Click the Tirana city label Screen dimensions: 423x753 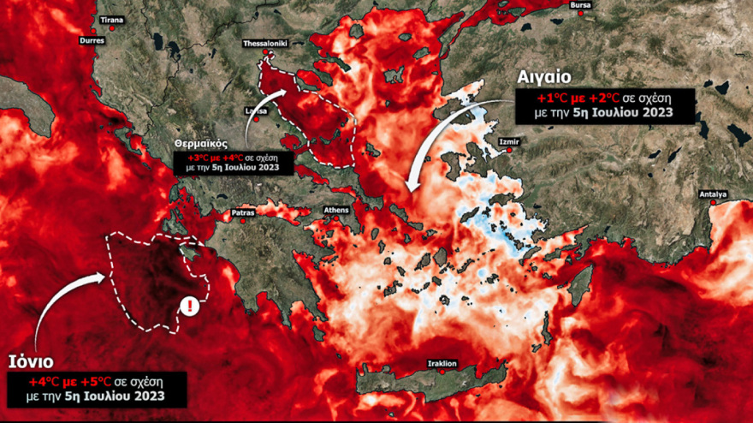(111, 19)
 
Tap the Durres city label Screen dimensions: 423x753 (92, 40)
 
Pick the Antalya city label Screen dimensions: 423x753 (713, 194)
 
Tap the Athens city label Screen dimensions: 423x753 (336, 210)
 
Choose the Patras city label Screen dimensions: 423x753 (244, 211)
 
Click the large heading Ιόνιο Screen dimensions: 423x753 (34, 359)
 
